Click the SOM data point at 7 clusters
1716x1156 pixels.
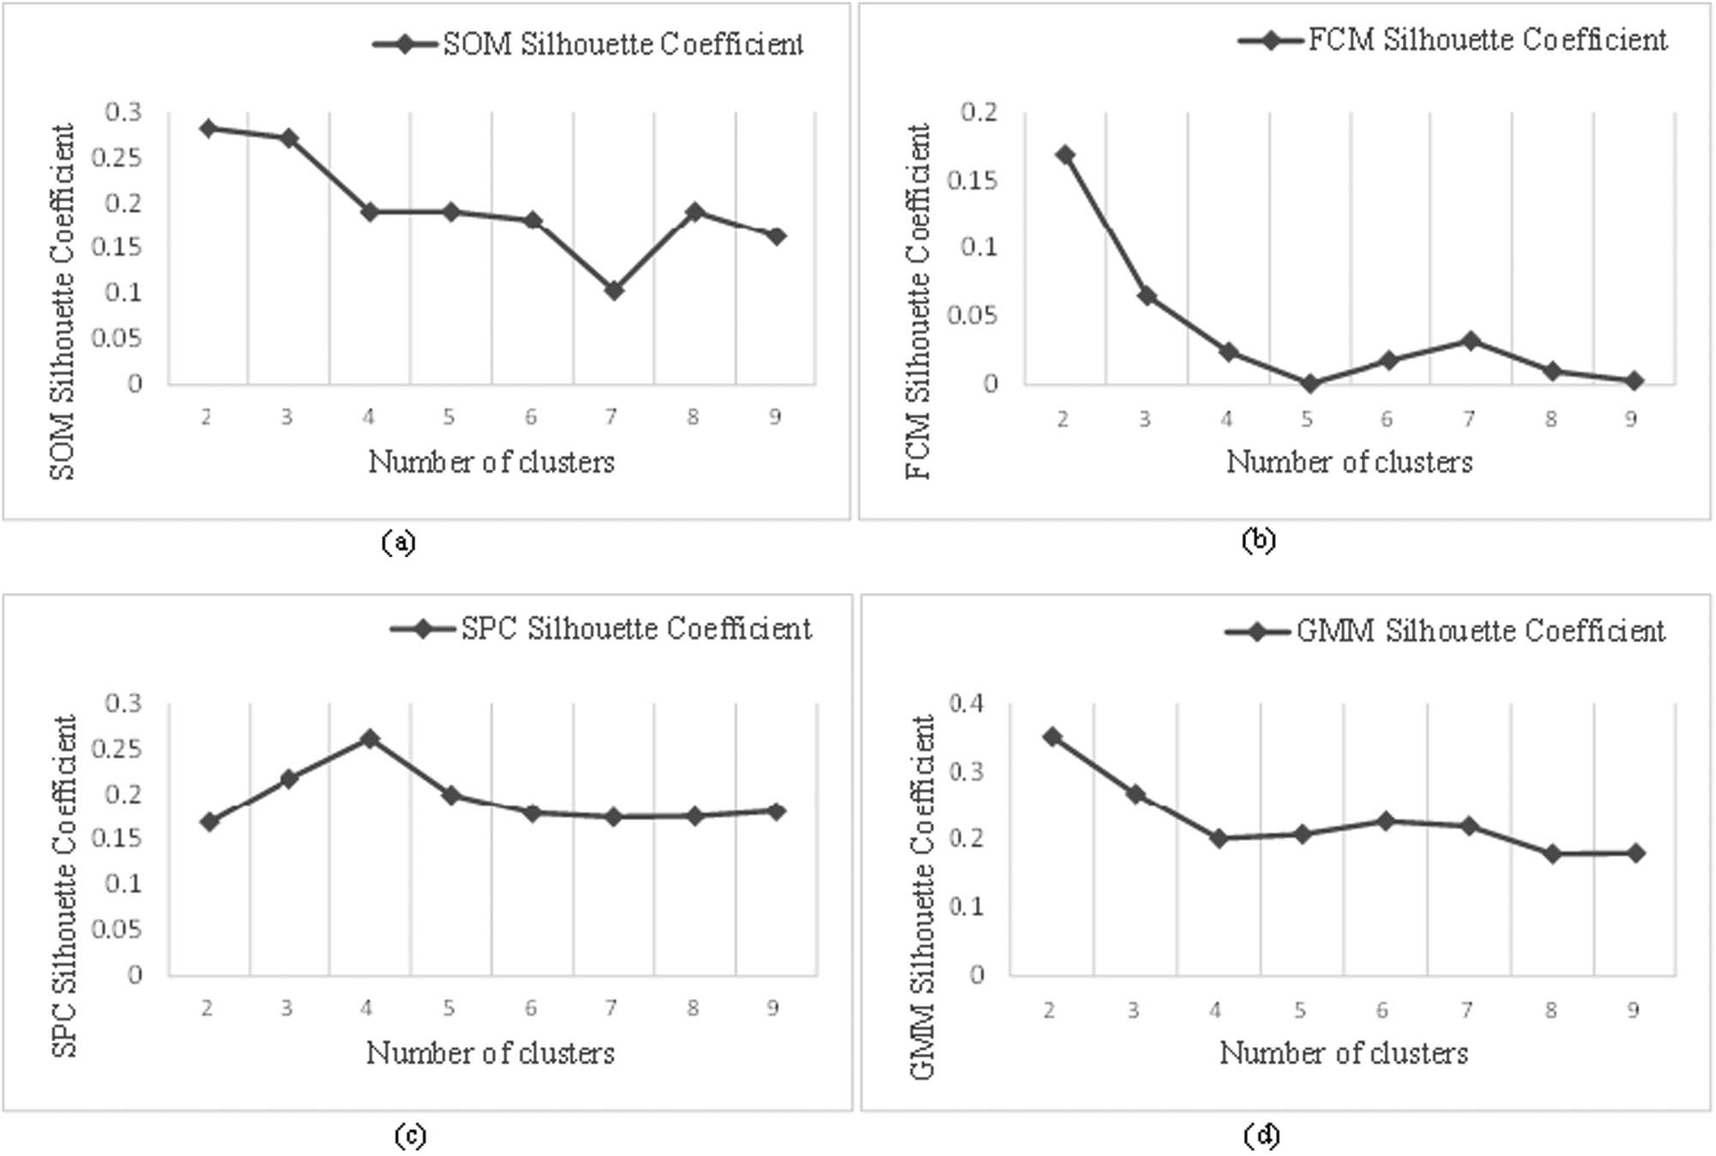[613, 291]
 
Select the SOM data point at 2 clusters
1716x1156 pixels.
[208, 129]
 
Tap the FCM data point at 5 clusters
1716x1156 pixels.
[1308, 384]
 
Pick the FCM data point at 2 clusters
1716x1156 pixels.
[1065, 155]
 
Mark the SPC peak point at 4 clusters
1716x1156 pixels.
[370, 738]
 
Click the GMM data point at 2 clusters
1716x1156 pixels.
[1052, 736]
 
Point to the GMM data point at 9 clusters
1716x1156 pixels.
[1635, 852]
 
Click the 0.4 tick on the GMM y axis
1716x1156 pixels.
[966, 704]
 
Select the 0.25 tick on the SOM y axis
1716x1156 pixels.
[123, 158]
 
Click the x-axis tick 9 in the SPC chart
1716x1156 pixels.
[773, 1008]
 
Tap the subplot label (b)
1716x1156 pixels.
[1259, 540]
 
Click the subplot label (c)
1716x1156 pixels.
[409, 1135]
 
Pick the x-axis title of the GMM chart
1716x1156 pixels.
[1344, 1052]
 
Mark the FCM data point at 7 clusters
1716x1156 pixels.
[1470, 341]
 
